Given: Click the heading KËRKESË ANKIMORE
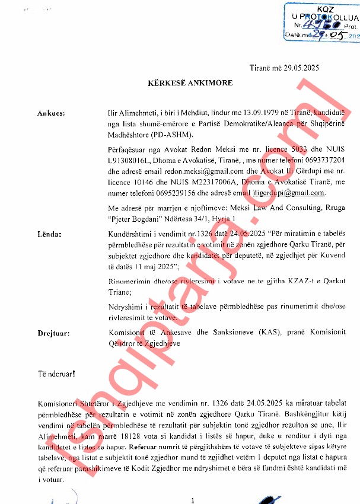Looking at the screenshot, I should click(190, 84).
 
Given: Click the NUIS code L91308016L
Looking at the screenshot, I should click(130, 159).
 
